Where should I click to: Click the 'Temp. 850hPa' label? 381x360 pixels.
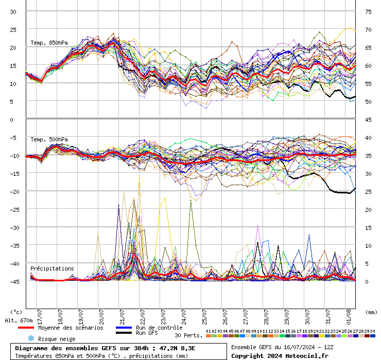click(49, 43)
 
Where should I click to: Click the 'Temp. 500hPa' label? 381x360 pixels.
click(49, 139)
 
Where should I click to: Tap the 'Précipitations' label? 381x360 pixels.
click(52, 268)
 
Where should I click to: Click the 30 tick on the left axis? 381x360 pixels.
click(13, 12)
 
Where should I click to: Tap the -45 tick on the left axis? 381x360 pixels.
click(15, 281)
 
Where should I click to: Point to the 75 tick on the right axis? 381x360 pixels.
click(368, 12)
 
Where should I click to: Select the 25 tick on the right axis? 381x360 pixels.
click(368, 192)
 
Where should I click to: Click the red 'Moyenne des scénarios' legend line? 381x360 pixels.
click(26, 328)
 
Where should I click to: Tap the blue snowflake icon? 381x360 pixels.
click(30, 338)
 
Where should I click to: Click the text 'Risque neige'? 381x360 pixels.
click(57, 339)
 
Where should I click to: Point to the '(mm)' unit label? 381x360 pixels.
click(370, 312)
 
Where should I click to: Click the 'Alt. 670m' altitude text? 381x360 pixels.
click(19, 320)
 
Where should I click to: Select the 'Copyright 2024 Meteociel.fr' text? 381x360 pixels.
click(280, 355)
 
